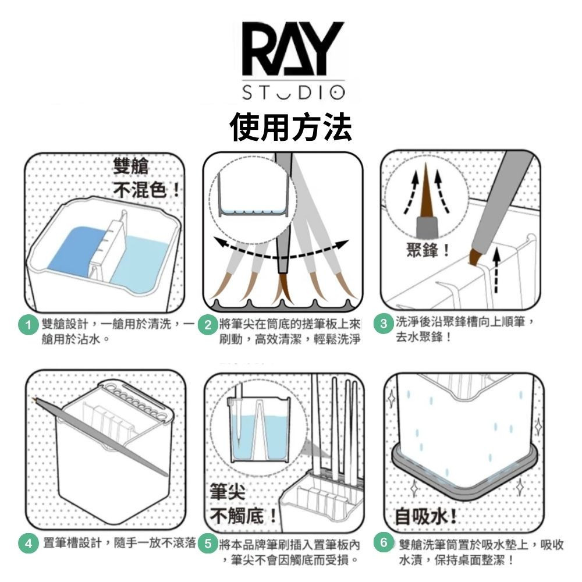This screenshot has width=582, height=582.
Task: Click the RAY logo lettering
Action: [293, 49]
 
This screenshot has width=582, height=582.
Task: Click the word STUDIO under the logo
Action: [293, 93]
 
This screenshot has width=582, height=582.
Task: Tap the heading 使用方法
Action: [290, 127]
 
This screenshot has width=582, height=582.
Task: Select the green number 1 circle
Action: [28, 325]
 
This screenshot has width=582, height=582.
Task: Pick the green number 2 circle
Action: [208, 325]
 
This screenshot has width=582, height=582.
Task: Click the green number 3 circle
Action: [384, 323]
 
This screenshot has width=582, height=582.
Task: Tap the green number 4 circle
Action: [28, 544]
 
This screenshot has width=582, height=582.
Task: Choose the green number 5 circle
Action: [208, 544]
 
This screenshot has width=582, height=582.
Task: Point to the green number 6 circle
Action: [384, 542]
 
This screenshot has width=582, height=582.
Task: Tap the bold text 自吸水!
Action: [425, 516]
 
